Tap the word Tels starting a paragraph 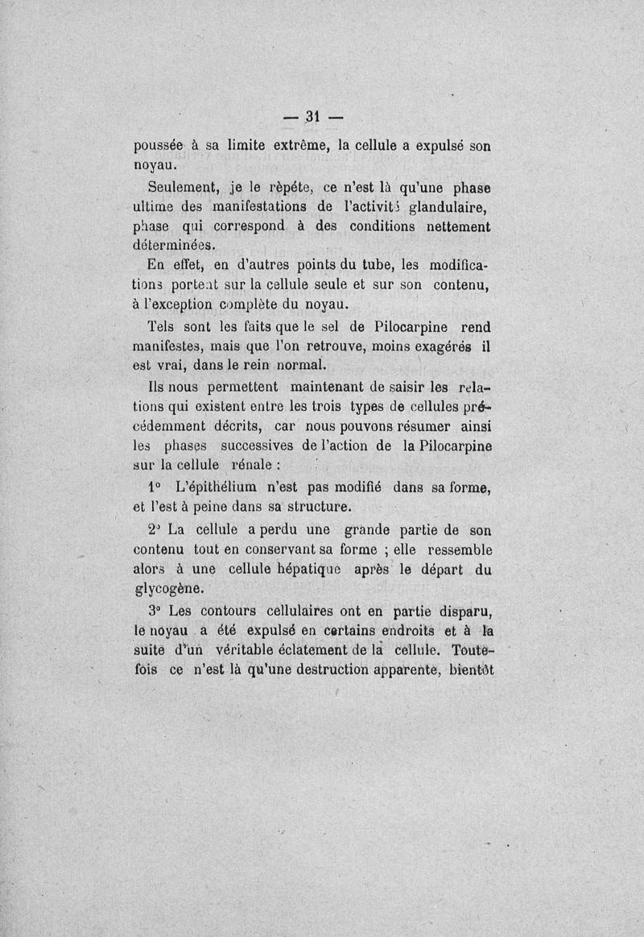pyautogui.click(x=165, y=328)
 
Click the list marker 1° pyautogui.click(x=156, y=488)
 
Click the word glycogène pyautogui.click(x=167, y=588)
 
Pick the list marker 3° pyautogui.click(x=156, y=610)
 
